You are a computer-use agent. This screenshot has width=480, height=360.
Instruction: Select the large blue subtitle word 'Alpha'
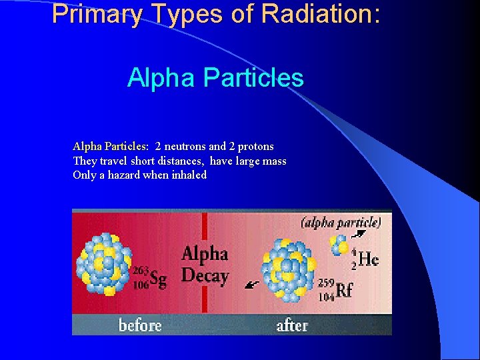161,78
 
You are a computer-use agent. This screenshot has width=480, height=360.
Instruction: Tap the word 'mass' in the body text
273,161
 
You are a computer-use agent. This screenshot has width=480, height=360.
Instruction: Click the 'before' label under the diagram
140,325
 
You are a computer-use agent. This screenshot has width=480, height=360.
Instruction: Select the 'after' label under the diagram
292,325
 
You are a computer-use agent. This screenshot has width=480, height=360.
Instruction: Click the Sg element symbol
159,279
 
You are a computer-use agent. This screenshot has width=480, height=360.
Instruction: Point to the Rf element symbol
344,290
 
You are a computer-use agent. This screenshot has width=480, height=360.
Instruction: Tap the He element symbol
368,259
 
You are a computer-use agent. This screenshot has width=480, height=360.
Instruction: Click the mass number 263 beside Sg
141,271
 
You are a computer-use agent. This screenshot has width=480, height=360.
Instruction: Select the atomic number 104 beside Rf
326,297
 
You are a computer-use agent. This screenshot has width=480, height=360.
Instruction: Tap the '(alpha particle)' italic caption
341,223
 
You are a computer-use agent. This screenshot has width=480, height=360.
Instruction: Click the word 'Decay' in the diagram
205,275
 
